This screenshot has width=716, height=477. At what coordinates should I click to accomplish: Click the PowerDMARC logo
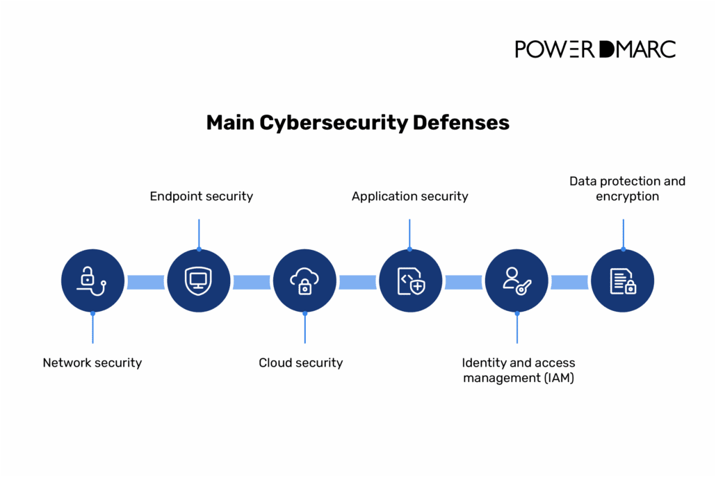[x=595, y=49]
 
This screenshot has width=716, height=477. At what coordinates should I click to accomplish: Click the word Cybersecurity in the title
[x=334, y=123]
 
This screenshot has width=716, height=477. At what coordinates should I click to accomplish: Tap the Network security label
[x=92, y=362]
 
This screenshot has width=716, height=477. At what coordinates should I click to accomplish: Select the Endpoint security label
[x=202, y=196]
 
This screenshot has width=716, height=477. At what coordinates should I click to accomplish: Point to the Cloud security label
[x=301, y=362]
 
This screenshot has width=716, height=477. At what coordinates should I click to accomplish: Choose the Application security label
[x=409, y=196]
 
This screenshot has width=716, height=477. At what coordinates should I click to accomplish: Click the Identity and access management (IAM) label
[x=519, y=370]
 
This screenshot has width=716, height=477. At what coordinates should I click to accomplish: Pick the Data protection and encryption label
[x=627, y=189]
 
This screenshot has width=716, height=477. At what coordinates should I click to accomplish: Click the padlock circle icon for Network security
[x=92, y=281]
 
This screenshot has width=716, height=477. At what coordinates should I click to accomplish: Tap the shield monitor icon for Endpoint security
[x=198, y=281]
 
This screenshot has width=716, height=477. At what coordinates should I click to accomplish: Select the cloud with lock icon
[x=304, y=281]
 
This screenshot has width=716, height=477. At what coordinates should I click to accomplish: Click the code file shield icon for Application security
[x=410, y=281]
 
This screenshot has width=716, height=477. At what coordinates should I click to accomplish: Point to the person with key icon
[x=516, y=281]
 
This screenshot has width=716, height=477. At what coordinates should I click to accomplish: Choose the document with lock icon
[x=623, y=281]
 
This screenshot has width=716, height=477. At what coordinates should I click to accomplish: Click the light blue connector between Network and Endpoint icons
[x=145, y=282]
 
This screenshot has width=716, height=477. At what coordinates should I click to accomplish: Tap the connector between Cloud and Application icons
[x=357, y=282]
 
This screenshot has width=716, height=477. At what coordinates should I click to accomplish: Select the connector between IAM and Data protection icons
[x=569, y=282]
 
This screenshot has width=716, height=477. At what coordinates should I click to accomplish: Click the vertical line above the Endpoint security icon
[x=199, y=233]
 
